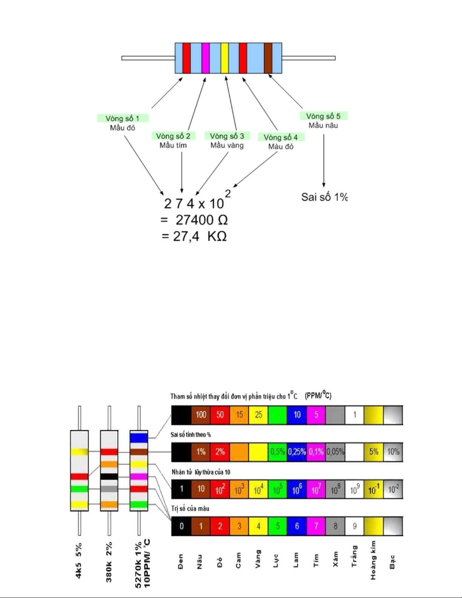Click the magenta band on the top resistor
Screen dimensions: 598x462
(x=206, y=58)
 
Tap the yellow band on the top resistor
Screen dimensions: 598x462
(x=224, y=58)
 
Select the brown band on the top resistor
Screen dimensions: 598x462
(x=268, y=58)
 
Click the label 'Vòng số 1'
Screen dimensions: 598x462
(x=123, y=118)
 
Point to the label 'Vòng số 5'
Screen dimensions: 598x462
(x=323, y=116)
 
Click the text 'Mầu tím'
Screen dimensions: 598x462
(x=173, y=145)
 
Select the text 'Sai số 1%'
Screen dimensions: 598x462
(x=324, y=197)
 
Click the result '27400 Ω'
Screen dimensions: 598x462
(x=201, y=220)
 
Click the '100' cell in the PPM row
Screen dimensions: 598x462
(x=201, y=415)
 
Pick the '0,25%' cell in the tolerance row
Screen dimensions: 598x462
(x=297, y=452)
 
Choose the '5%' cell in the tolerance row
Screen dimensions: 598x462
(x=374, y=452)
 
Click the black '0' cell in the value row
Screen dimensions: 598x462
(x=181, y=526)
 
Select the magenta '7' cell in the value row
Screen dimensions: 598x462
(x=316, y=526)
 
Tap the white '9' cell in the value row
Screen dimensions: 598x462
(x=355, y=526)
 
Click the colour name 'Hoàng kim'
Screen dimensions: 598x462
(x=373, y=560)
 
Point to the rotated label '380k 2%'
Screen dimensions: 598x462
(x=109, y=562)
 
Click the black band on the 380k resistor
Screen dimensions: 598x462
(x=109, y=476)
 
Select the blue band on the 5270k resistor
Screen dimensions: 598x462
(x=139, y=438)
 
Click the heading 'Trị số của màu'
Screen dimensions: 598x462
(x=190, y=509)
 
